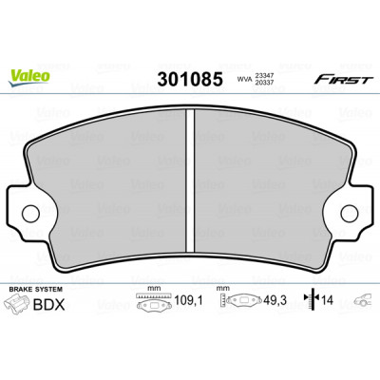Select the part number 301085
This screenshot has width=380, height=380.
[x=190, y=79]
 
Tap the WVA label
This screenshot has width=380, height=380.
[x=244, y=79]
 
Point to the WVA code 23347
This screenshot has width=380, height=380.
[x=264, y=76]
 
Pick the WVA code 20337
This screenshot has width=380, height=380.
[x=264, y=83]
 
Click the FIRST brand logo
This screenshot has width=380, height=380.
[x=341, y=79]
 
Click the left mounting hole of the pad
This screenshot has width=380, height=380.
[x=30, y=213]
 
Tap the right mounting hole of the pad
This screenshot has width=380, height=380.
[x=350, y=213]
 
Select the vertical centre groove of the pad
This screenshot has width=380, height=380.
[x=190, y=180]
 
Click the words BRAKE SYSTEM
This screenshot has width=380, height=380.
[x=36, y=289]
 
